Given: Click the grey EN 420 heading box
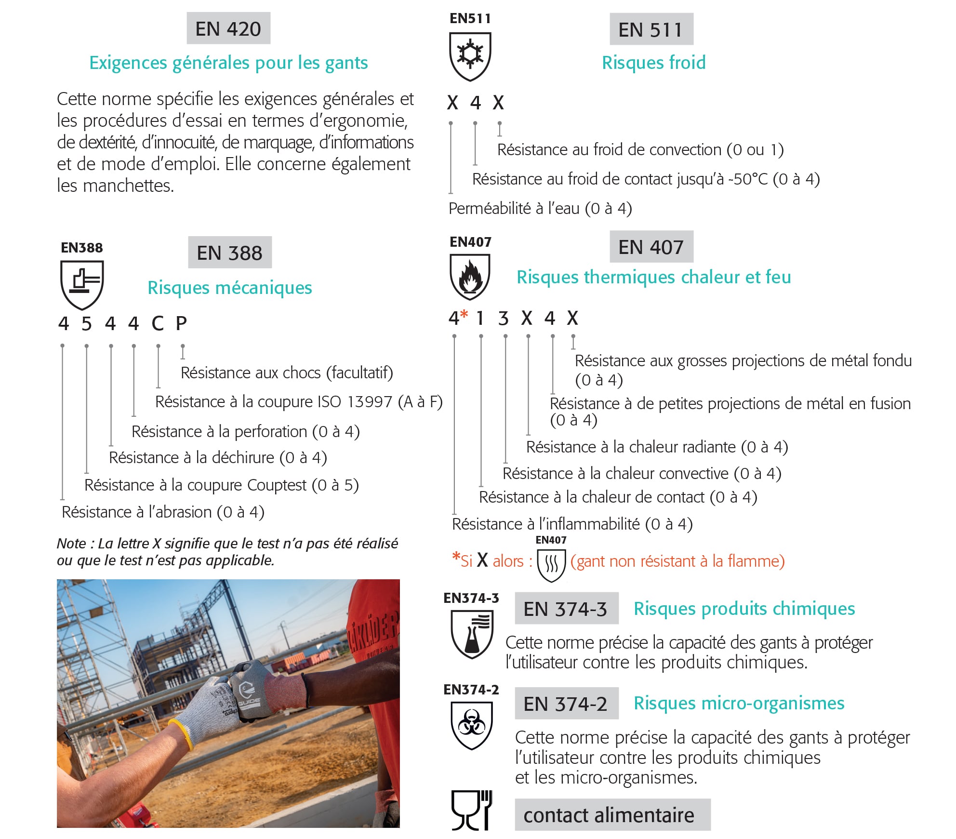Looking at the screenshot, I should pos(228,28).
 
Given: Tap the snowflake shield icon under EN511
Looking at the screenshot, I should pos(470,55).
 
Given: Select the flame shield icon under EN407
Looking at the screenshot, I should pos(470,277).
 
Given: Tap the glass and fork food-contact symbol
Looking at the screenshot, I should pos(471,810).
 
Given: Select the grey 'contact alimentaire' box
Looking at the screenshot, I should pos(612,815).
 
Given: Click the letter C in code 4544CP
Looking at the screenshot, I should pos(158,324).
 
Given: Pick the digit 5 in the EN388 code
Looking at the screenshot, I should pos(86,324).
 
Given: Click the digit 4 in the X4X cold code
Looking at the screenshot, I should pos(476,103).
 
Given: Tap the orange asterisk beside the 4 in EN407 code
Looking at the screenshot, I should pos(464,314).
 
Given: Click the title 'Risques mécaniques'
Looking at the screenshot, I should pos(229,288).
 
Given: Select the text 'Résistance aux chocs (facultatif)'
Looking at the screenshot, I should pos(287,373).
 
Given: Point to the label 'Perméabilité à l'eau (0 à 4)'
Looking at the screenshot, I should pos(540,208).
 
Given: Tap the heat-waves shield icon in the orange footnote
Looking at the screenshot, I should pos(551,563).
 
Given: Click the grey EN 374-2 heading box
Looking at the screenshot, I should pos(566,704).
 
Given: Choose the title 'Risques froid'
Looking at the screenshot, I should pos(653,63).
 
